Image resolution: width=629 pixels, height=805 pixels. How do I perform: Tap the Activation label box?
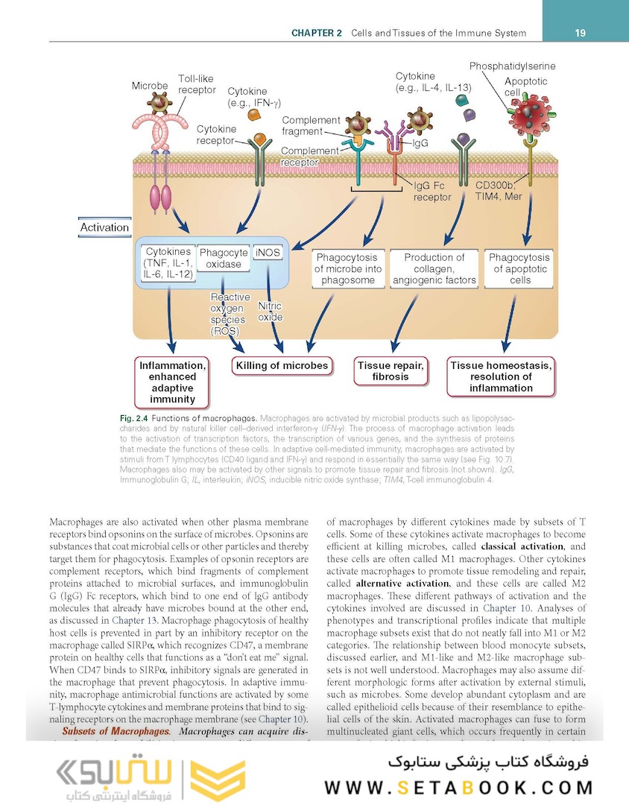click(x=104, y=227)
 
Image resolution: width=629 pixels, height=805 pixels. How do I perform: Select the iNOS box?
click(x=268, y=253)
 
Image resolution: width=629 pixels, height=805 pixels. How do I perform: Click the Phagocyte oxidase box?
click(x=224, y=259)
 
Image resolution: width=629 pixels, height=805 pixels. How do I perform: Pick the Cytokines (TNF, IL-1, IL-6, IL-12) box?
click(x=168, y=264)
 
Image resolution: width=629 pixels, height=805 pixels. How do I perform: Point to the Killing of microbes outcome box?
click(x=282, y=366)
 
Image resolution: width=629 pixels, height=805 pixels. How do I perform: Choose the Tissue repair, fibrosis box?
click(x=391, y=371)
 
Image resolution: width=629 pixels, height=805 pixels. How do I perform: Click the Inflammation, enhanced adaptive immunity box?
click(x=172, y=382)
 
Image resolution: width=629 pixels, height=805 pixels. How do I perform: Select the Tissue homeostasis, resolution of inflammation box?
click(x=501, y=376)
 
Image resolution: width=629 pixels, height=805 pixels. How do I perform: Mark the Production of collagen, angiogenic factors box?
click(x=434, y=268)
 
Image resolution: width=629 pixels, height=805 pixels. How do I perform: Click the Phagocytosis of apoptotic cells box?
click(x=519, y=268)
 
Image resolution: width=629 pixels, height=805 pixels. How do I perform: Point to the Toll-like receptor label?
click(x=197, y=84)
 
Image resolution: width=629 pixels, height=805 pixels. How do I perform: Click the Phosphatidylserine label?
click(x=512, y=66)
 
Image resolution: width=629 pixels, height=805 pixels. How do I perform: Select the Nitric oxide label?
click(x=270, y=312)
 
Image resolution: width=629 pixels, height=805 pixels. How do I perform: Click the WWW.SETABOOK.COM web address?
click(x=458, y=787)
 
